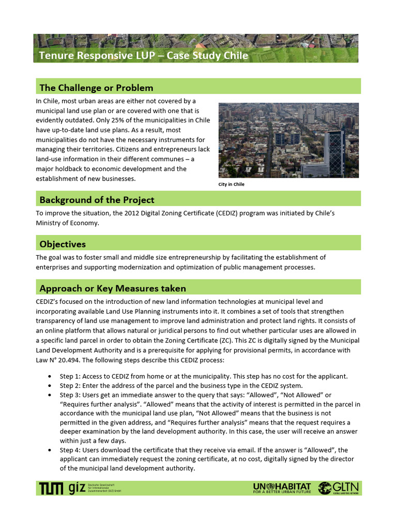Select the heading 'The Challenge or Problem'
(96, 87)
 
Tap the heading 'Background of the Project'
(97, 199)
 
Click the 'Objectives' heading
(63, 244)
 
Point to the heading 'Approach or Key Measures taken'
(113, 288)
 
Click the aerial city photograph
(289, 140)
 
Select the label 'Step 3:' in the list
(71, 395)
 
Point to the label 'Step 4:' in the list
(71, 450)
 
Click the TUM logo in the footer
(52, 488)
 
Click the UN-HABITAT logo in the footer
(282, 488)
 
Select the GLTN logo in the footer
(339, 488)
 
